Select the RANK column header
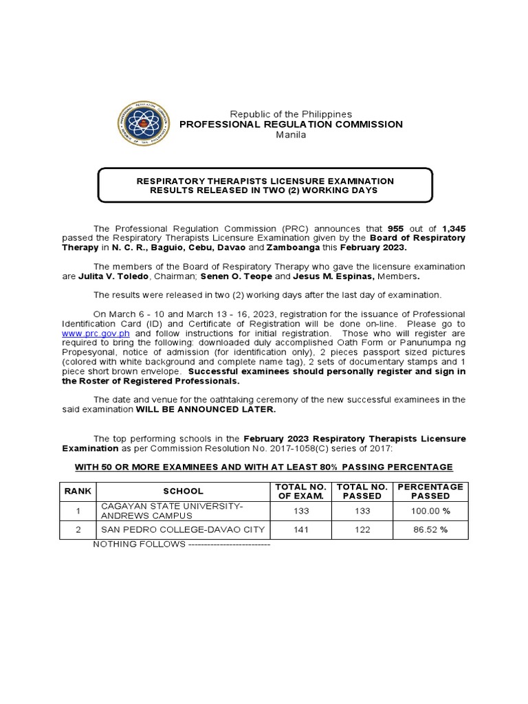click(78, 491)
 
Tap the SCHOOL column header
click(183, 491)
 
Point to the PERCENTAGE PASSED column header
click(430, 491)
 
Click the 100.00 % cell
click(430, 511)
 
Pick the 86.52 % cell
click(430, 529)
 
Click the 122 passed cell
click(362, 529)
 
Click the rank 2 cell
click(78, 529)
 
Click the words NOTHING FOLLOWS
click(139, 544)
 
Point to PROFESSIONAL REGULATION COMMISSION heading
click(291, 124)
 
